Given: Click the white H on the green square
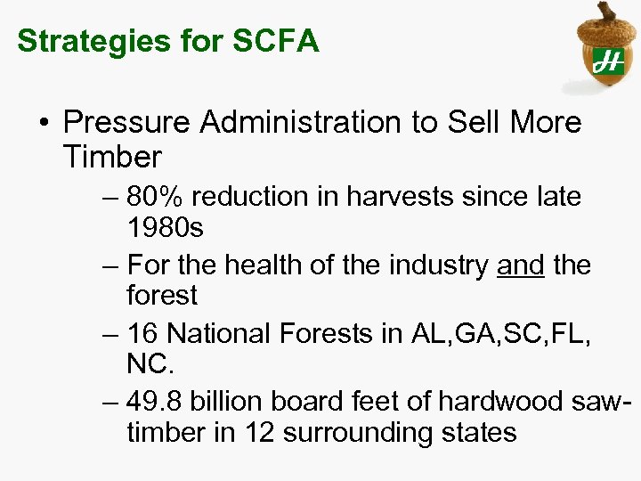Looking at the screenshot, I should (x=608, y=61).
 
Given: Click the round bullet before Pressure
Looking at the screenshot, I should (x=45, y=123).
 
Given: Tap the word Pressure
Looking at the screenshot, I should (x=121, y=122).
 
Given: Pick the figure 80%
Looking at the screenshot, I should (x=156, y=195).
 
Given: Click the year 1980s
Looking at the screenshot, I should (x=166, y=228).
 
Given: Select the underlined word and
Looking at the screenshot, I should (x=520, y=264).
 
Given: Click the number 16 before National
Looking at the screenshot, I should (x=143, y=332).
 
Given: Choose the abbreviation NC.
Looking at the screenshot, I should (x=150, y=365).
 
